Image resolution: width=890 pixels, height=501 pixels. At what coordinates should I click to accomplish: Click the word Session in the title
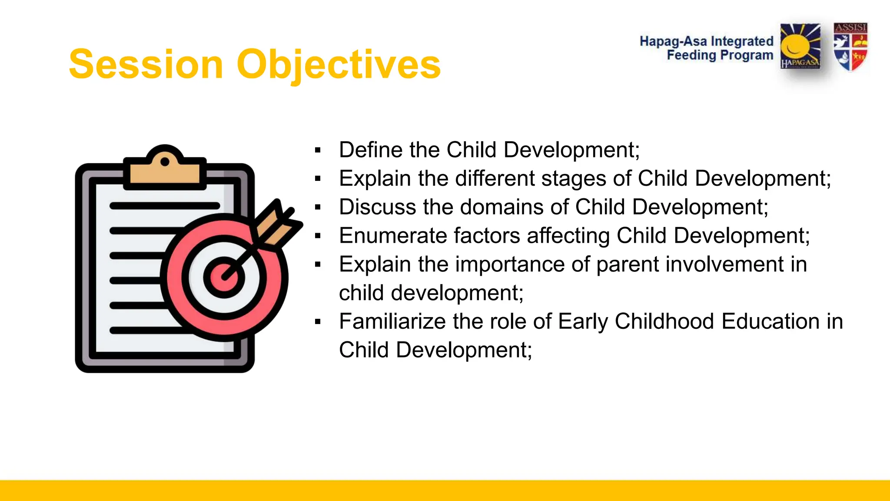146,64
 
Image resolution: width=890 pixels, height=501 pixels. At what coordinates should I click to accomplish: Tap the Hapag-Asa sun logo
800,46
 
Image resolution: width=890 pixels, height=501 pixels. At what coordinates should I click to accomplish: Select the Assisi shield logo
850,47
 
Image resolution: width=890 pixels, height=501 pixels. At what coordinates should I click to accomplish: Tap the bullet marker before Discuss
318,207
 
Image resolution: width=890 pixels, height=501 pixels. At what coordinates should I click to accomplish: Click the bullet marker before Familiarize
318,322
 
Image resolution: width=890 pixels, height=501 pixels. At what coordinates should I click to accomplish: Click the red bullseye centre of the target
223,277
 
